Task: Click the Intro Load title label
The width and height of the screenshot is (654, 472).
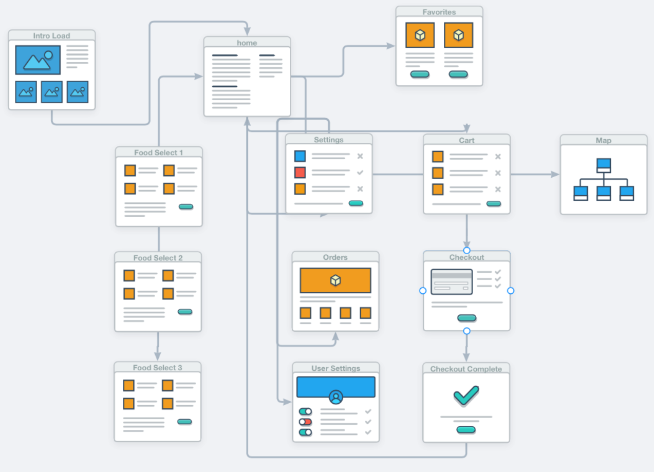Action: (51, 36)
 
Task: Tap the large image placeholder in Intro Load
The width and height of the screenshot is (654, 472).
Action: (38, 60)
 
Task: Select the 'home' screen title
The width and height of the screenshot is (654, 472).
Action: (247, 43)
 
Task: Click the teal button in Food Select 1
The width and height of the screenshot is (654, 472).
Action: (186, 206)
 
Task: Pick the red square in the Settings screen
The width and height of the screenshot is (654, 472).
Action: (300, 173)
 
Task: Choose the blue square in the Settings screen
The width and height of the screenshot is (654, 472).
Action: (300, 156)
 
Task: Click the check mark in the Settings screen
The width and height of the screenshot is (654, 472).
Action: (360, 173)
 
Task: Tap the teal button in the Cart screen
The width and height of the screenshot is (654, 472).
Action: (494, 203)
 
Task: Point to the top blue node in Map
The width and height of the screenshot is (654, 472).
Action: (604, 165)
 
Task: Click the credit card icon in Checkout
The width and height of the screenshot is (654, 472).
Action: (452, 282)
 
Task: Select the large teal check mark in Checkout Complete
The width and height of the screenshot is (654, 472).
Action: (466, 395)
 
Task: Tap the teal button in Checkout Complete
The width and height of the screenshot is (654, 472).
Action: (466, 430)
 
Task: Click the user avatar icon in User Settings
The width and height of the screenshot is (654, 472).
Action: (336, 397)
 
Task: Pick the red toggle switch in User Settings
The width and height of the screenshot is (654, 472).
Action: (306, 422)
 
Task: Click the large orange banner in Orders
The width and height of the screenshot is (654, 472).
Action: (335, 280)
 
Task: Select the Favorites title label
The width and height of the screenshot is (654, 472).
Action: (439, 12)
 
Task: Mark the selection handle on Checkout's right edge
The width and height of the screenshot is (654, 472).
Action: (511, 291)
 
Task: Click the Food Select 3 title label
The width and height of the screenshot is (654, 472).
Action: (158, 368)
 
